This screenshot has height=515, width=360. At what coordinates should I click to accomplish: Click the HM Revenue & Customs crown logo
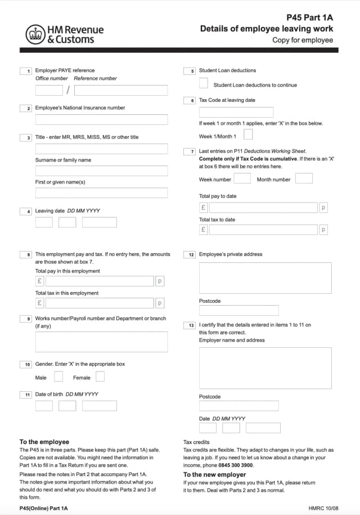(x=35, y=34)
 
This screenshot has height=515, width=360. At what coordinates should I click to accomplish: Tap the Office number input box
(x=49, y=90)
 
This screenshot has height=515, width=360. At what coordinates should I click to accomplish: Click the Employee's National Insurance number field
(x=101, y=119)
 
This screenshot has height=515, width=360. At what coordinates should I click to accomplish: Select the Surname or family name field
(x=101, y=171)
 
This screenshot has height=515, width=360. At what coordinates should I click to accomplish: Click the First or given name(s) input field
(x=101, y=192)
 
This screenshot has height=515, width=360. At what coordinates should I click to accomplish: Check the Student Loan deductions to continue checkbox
(x=203, y=83)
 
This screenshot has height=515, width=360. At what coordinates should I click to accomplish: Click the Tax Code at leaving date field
(x=236, y=112)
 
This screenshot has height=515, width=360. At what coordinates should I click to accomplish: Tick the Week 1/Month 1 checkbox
(x=248, y=134)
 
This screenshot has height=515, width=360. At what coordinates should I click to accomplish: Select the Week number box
(x=242, y=178)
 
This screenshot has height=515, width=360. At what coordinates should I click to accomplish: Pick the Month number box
(x=304, y=178)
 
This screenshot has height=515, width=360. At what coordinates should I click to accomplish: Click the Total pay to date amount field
(x=263, y=207)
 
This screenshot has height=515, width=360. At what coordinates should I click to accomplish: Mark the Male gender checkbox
(x=58, y=377)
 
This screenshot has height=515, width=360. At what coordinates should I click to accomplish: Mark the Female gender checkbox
(x=100, y=377)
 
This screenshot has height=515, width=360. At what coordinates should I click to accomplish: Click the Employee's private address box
(x=265, y=277)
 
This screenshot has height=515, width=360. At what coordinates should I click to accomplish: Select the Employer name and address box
(x=265, y=368)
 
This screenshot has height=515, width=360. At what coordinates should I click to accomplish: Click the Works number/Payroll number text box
(x=101, y=342)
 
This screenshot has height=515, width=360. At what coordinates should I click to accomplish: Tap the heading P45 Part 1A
(x=309, y=17)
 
